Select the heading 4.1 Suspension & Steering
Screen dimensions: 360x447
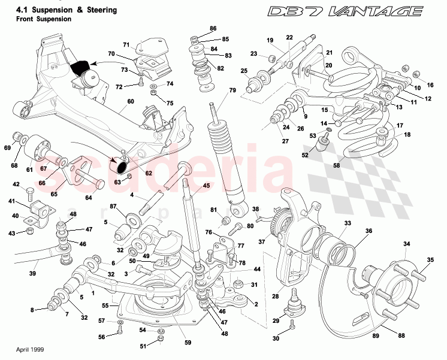click(x=66, y=10)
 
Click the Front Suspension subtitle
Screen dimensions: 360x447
click(x=44, y=19)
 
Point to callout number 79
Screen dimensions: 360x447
click(x=232, y=90)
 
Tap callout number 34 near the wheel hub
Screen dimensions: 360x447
click(x=406, y=244)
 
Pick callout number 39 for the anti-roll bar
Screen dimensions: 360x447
click(x=32, y=274)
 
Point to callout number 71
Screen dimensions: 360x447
click(x=126, y=45)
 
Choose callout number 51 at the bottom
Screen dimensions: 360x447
click(x=142, y=346)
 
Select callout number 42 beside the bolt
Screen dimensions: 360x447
click(x=16, y=185)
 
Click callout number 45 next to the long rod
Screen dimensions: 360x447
click(x=206, y=186)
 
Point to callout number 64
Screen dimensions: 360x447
click(x=89, y=198)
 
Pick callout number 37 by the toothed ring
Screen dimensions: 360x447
click(x=261, y=243)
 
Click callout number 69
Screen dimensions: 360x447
click(x=7, y=147)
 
